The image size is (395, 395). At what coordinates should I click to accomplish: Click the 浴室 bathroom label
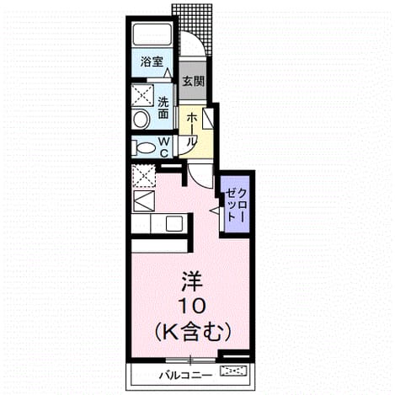(152, 61)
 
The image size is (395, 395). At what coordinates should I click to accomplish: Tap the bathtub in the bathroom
(152, 35)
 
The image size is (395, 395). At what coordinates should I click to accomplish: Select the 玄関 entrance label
(194, 82)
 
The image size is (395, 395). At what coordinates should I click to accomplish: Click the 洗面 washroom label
(163, 108)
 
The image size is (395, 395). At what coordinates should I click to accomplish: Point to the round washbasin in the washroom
(141, 120)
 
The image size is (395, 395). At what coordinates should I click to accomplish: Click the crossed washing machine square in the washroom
(143, 95)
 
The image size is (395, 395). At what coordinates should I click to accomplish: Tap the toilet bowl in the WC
(144, 147)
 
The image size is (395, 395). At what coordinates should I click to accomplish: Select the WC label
(163, 147)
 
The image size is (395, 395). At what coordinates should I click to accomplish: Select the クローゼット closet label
(236, 206)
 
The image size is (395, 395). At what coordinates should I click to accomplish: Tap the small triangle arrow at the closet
(215, 210)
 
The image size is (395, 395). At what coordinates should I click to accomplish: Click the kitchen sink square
(174, 224)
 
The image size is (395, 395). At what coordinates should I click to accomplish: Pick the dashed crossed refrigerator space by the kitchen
(143, 176)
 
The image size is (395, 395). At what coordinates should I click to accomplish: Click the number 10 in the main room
(192, 306)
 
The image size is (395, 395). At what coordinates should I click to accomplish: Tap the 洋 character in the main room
(192, 281)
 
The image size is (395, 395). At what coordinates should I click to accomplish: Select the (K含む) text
(193, 332)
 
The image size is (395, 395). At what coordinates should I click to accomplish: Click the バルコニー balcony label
(186, 375)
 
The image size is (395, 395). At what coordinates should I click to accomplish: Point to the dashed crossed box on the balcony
(234, 371)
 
